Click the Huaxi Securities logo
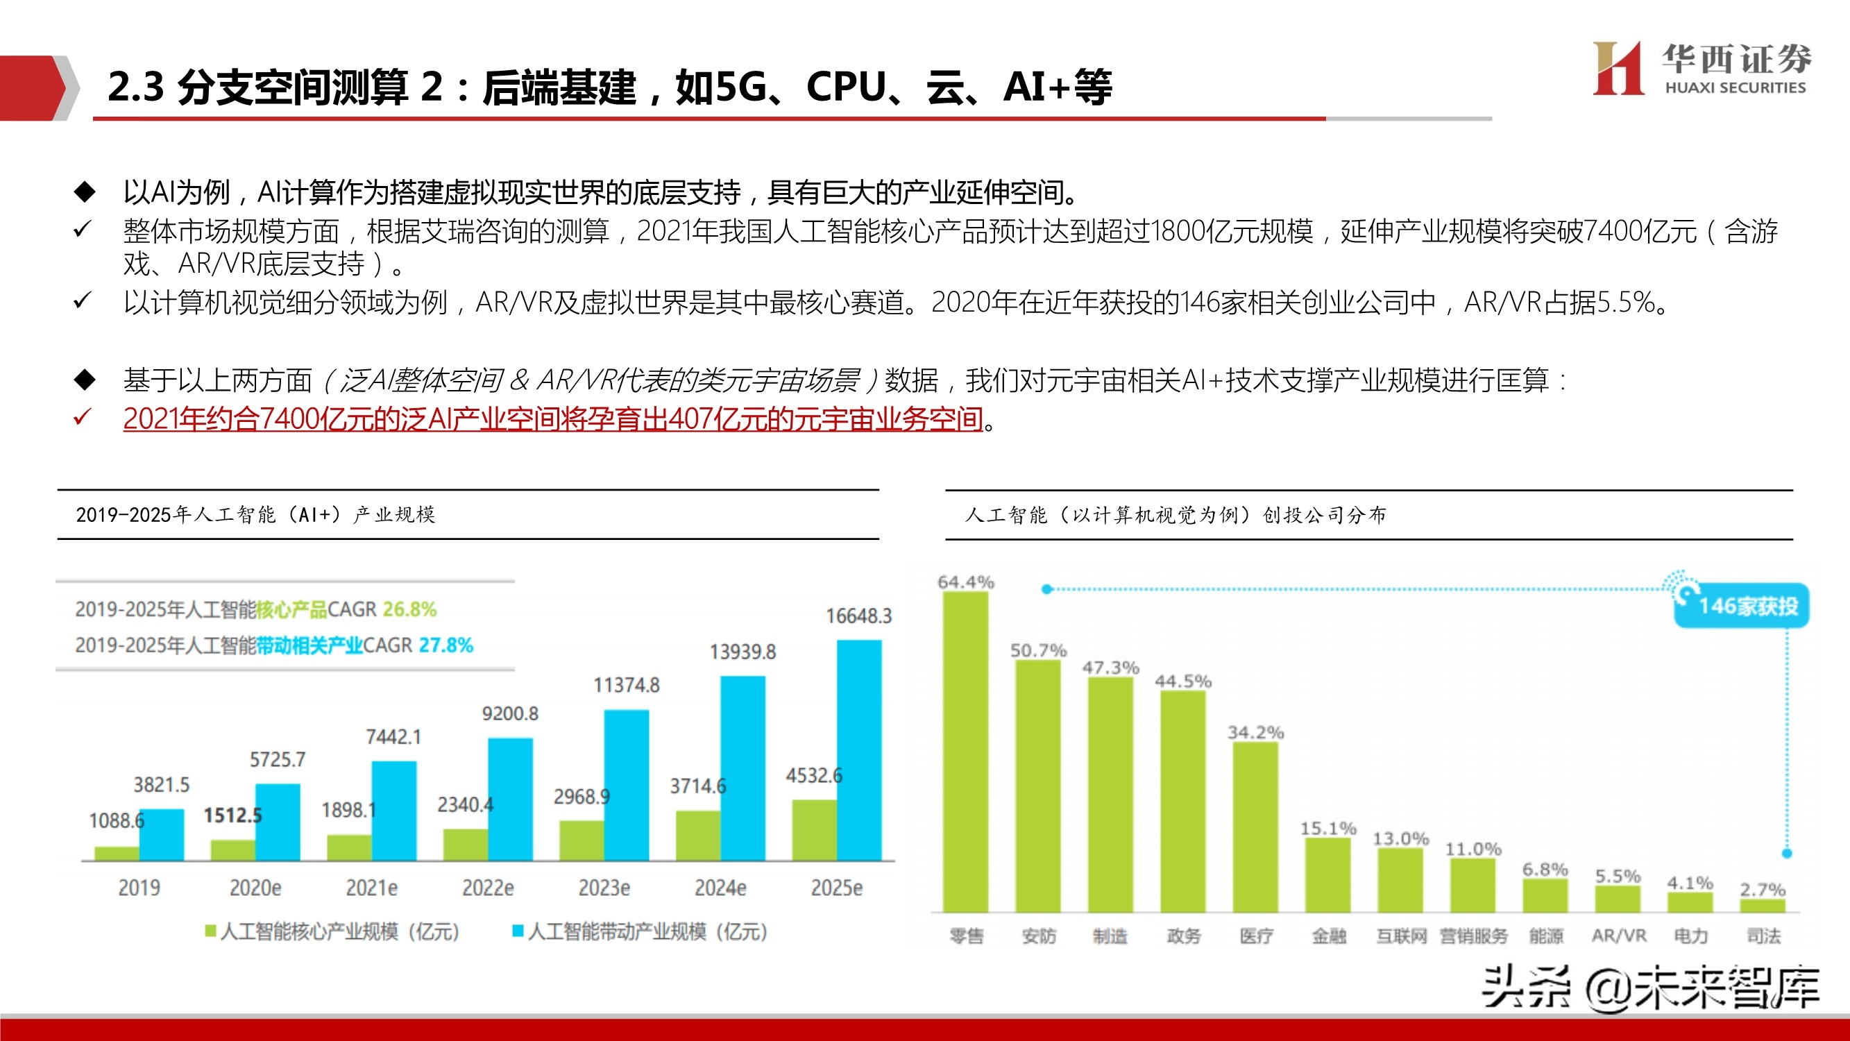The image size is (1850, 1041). pos(1699,69)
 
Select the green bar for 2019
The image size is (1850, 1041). pos(117,853)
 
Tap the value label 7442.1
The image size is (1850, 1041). pos(393,736)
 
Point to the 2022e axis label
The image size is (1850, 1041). pos(488,888)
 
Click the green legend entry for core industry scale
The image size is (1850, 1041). pos(332,932)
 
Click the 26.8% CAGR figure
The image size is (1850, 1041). pos(409,609)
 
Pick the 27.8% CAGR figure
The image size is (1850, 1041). pos(445,645)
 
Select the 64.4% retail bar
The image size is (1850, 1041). pos(965,751)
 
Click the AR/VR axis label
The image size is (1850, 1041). pos(1619,936)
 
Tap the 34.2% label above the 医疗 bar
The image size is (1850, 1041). pos(1255,732)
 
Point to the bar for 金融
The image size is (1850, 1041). pos(1328,874)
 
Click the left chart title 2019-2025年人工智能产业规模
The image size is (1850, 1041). pos(255,514)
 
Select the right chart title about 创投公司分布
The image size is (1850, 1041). pos(1175,514)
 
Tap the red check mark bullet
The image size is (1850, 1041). pos(82,417)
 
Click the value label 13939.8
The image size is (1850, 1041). pos(742,652)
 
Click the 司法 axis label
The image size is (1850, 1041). pos(1763,936)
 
